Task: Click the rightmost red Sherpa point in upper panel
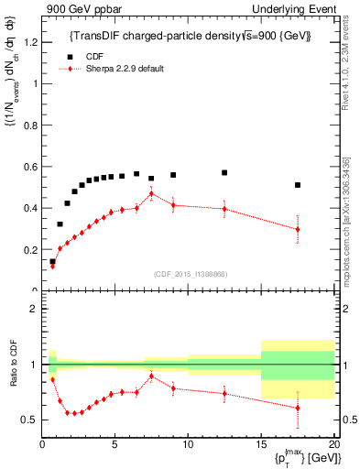[298, 229]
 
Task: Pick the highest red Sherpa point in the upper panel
[151, 193]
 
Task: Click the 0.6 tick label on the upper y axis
[29, 166]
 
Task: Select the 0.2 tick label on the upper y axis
[29, 249]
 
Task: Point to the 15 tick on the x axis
[260, 444]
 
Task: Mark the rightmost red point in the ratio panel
[298, 408]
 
